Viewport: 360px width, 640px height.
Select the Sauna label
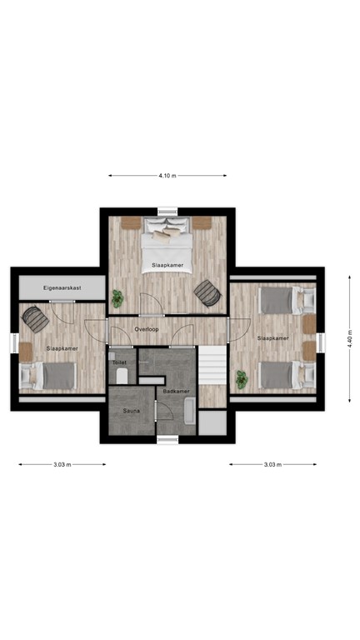pos(132,411)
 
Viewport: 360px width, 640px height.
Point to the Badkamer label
pos(176,391)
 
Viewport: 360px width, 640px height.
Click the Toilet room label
pos(118,363)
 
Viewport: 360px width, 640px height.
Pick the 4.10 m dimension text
pos(167,176)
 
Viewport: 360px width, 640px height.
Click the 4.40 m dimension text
pos(351,338)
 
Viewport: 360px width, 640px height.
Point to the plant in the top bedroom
pos(117,297)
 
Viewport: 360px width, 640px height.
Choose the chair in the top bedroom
pos(207,292)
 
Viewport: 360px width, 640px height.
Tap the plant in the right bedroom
pos(242,378)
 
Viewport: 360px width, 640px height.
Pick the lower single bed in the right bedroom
pos(282,374)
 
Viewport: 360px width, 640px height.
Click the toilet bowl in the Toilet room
pos(122,376)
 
